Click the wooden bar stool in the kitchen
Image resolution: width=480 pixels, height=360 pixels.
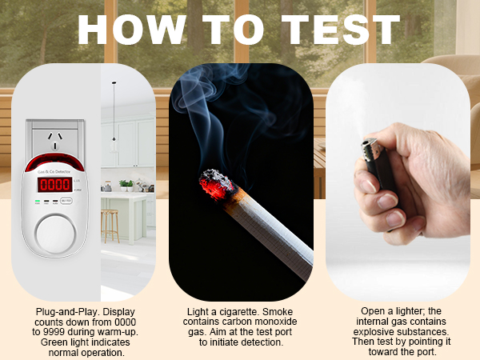[110, 225]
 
